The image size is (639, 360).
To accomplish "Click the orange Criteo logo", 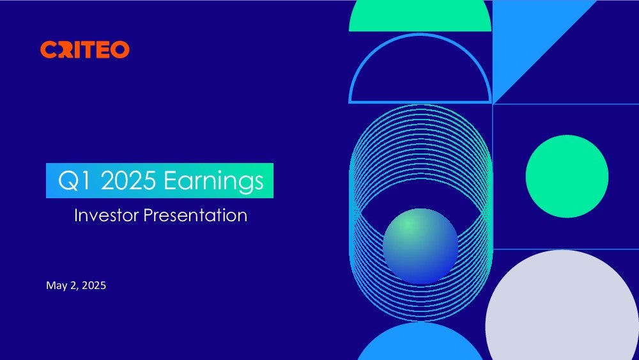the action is [85, 49].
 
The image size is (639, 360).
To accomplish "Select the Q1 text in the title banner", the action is [74, 181].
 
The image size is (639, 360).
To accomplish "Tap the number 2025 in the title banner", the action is [128, 180].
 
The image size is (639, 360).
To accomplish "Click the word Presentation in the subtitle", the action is [196, 215].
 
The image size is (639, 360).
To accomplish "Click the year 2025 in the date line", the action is [94, 285].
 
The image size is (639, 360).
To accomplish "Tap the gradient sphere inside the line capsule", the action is [420, 246].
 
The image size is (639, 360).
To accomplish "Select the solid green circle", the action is [567, 176].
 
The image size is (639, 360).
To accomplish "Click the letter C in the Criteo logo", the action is [49, 50].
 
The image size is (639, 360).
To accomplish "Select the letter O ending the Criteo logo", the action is [120, 50].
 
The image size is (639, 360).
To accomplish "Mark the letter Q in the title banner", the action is [67, 181].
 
